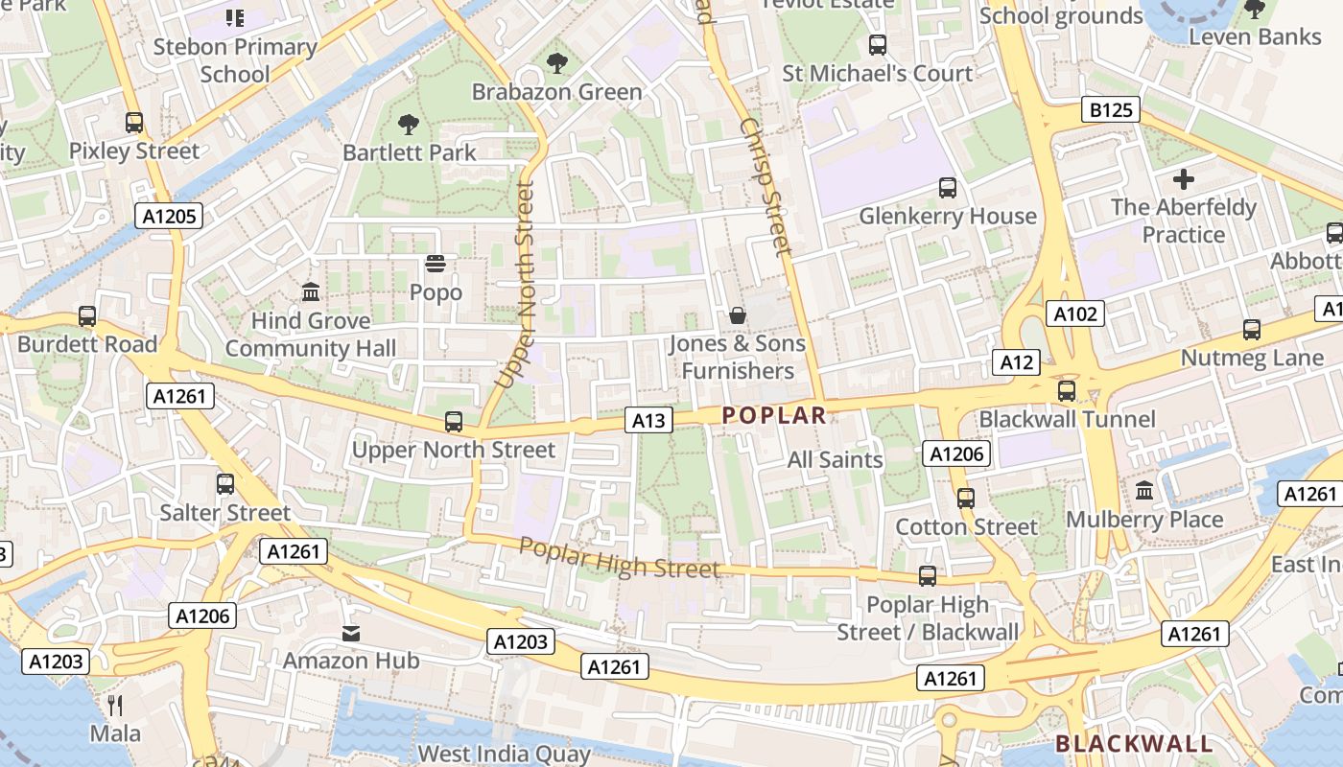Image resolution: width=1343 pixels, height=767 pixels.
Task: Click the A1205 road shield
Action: point(170,216)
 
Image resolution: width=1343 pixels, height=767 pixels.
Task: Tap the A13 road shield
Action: point(648,419)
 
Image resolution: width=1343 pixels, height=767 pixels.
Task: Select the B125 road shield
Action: point(1112,109)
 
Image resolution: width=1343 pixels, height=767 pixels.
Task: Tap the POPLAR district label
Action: point(773,415)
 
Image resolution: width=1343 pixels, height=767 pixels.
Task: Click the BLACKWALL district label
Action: point(1134,744)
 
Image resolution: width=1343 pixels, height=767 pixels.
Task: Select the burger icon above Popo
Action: point(436,263)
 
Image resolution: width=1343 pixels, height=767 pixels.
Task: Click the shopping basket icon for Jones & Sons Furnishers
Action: point(738,314)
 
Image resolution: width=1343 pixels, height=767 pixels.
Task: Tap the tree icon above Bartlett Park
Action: point(409,124)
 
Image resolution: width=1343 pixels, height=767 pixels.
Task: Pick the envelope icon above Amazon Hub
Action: point(351,633)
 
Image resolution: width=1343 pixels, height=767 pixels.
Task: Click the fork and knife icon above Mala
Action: point(115,706)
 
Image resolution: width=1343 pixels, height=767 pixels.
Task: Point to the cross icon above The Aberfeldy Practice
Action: point(1184,178)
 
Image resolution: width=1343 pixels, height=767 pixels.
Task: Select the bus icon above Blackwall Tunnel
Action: point(1067,391)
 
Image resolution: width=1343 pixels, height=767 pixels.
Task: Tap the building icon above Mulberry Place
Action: point(1144,491)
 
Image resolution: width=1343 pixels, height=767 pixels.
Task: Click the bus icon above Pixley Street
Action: point(134,123)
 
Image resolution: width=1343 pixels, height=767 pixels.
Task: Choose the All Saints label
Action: point(835,459)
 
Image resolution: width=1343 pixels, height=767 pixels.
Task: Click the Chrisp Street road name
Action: point(767,187)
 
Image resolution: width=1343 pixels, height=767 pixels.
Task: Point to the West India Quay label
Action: point(505,754)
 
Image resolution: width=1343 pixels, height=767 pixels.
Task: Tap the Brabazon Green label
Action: point(556,92)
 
